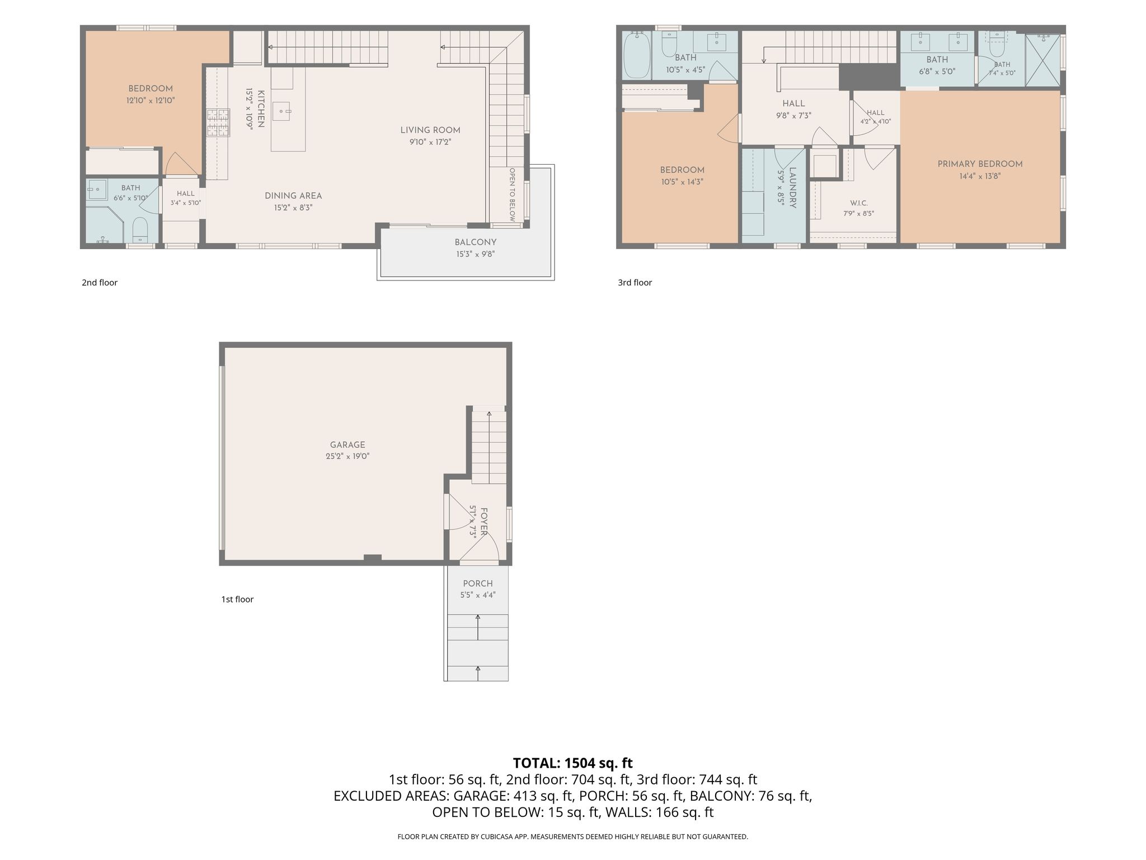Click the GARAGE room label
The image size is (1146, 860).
coord(347,445)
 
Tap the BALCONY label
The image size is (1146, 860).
coord(476,242)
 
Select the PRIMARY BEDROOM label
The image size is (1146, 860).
coord(980,164)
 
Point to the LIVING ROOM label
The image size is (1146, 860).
coord(430,130)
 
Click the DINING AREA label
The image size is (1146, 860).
coord(293,196)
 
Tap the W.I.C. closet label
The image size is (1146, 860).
coord(859,203)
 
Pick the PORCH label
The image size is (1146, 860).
coord(478,583)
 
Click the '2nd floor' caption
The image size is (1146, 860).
coord(100,283)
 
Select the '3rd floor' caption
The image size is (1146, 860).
coord(635,283)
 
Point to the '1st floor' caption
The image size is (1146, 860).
coord(237,600)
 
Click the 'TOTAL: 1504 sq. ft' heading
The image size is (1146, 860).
coord(572,763)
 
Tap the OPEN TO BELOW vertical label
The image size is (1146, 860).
coord(512,195)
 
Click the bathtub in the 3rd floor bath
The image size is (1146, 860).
coord(636,55)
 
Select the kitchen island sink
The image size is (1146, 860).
coord(281,111)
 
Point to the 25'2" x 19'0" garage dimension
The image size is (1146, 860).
coord(347,456)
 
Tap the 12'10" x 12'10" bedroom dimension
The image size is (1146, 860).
coord(151,101)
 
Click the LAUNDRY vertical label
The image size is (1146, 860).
coord(792,188)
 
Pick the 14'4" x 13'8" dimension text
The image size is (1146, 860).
coord(980,176)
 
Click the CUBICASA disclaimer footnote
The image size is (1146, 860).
coord(572,837)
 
